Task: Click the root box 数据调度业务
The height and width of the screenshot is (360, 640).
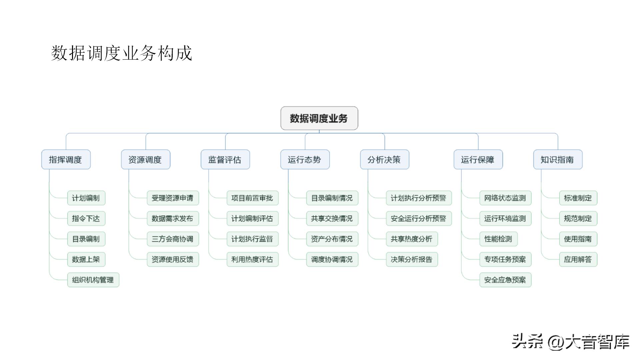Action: pyautogui.click(x=319, y=118)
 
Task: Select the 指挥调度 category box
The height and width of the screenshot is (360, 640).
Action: pyautogui.click(x=66, y=160)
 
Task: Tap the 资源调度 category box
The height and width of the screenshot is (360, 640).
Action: pyautogui.click(x=145, y=160)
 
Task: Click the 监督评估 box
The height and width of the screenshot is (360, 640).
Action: pyautogui.click(x=225, y=160)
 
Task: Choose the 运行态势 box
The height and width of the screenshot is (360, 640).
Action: pyautogui.click(x=305, y=160)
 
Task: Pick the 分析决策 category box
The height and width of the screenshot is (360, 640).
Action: pyautogui.click(x=384, y=160)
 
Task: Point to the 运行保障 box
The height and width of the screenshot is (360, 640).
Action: pyautogui.click(x=478, y=160)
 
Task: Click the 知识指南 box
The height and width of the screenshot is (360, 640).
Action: pyautogui.click(x=558, y=160)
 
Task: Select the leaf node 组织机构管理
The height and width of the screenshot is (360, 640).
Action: pyautogui.click(x=93, y=280)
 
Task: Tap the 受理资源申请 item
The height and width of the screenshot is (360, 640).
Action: pyautogui.click(x=173, y=198)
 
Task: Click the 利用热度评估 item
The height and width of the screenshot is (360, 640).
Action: pyautogui.click(x=252, y=259)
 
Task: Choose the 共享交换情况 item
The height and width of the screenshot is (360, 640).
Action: pyautogui.click(x=332, y=219)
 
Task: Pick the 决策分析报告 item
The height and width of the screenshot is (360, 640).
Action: pyautogui.click(x=412, y=259)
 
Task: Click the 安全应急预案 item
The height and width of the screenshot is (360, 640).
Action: pyautogui.click(x=505, y=280)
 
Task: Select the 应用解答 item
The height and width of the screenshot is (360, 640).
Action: pyautogui.click(x=578, y=259)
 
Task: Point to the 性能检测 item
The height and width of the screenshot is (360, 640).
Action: pyautogui.click(x=498, y=239)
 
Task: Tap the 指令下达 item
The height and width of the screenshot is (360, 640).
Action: pyautogui.click(x=86, y=219)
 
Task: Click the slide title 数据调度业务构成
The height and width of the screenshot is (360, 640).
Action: pyautogui.click(x=122, y=53)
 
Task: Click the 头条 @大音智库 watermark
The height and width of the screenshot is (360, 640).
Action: pyautogui.click(x=570, y=342)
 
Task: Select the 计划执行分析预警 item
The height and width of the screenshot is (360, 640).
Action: pyautogui.click(x=419, y=198)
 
